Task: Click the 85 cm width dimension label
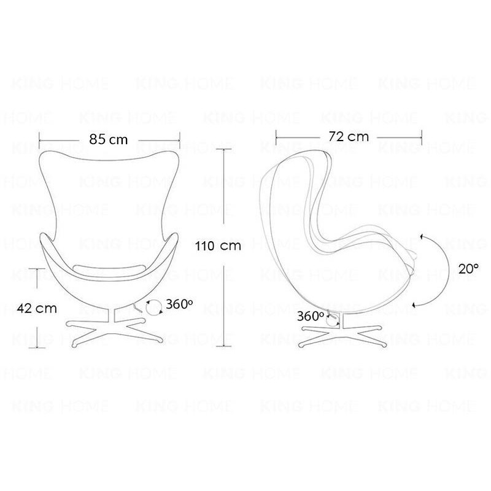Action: [109, 139]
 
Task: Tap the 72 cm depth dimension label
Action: [349, 136]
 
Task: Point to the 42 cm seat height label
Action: [33, 308]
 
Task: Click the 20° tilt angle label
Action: [468, 268]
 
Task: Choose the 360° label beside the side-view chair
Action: [311, 317]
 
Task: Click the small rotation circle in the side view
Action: [333, 319]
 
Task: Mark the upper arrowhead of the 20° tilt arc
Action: [423, 236]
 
